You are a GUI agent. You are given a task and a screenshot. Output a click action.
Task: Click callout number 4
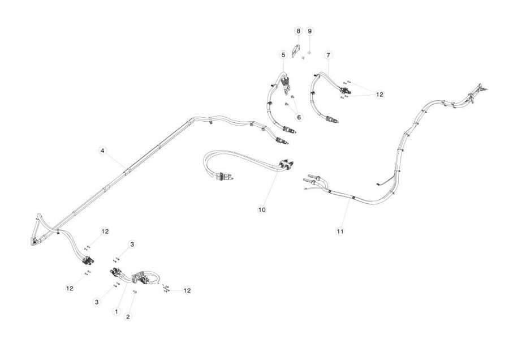(x=102, y=151)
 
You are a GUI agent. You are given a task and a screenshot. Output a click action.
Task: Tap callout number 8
(x=298, y=31)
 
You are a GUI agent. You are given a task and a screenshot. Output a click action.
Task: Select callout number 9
(x=310, y=31)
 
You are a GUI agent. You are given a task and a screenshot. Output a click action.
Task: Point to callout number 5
(x=283, y=55)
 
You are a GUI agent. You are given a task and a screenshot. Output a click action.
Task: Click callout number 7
(x=328, y=55)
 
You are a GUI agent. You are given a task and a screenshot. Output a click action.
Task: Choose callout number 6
(x=299, y=117)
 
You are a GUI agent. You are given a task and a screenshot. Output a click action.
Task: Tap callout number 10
(x=262, y=210)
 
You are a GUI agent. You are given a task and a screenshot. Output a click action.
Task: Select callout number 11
(x=340, y=232)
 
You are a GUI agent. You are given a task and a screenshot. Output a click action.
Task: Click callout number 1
(x=117, y=311)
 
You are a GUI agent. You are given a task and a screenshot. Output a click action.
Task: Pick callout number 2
(x=128, y=317)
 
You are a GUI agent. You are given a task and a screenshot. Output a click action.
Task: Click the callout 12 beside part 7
(x=379, y=95)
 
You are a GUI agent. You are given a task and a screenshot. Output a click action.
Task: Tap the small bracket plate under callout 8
(x=296, y=51)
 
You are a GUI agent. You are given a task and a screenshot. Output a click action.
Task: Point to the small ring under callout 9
(x=309, y=52)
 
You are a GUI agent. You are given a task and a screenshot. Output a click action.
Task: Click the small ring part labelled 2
(x=135, y=292)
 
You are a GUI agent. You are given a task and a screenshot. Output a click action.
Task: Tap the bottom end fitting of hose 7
(x=332, y=120)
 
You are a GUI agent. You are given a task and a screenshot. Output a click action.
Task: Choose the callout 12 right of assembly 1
(x=187, y=290)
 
